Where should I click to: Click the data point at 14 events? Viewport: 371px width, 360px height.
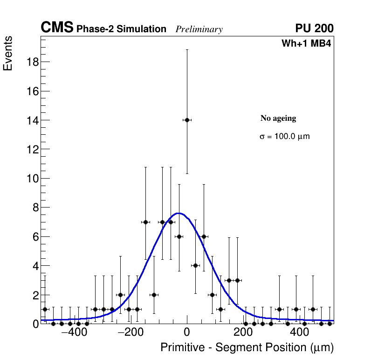point(187,120)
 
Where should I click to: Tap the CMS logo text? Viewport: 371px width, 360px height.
point(57,28)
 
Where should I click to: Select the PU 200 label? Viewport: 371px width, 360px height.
point(314,28)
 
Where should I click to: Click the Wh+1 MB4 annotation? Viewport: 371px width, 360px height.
point(306,44)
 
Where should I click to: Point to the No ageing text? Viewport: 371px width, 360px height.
point(278,118)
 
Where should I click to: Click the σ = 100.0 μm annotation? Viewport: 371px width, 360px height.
point(284,137)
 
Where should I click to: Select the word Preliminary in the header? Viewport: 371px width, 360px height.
point(199,29)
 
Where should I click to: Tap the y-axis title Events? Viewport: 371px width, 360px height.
point(8,53)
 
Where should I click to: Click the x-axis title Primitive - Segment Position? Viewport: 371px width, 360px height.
point(247,348)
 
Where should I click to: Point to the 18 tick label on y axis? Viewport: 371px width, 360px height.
point(31,62)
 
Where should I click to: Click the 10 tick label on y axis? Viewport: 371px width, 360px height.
point(31,179)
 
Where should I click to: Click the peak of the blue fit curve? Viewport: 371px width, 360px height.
point(179,213)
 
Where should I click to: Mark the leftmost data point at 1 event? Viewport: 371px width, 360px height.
point(45,309)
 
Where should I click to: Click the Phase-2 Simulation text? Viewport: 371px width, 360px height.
point(121,29)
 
